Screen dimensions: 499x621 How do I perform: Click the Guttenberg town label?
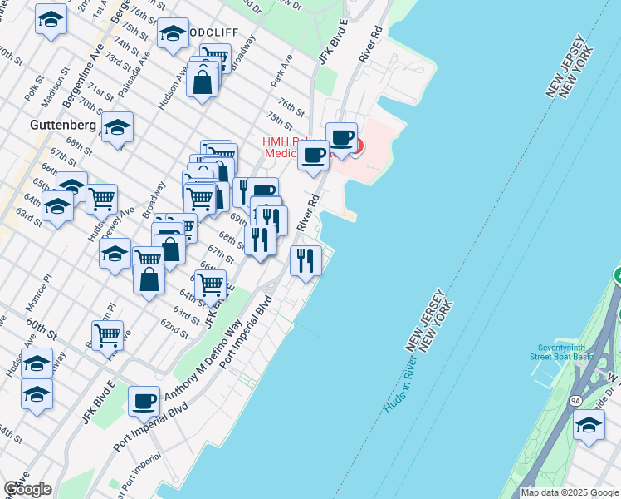click(39, 124)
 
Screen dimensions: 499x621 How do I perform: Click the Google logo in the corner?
click(27, 489)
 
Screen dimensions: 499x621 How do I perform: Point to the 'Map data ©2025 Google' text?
click(570, 492)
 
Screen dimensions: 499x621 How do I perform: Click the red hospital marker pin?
click(357, 146)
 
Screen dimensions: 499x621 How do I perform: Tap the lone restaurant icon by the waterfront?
click(306, 260)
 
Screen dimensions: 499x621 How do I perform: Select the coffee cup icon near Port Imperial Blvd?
click(144, 402)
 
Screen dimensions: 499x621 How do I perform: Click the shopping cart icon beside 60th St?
click(107, 335)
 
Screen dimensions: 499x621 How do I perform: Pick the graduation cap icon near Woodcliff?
click(173, 34)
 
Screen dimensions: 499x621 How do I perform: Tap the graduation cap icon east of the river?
click(588, 425)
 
